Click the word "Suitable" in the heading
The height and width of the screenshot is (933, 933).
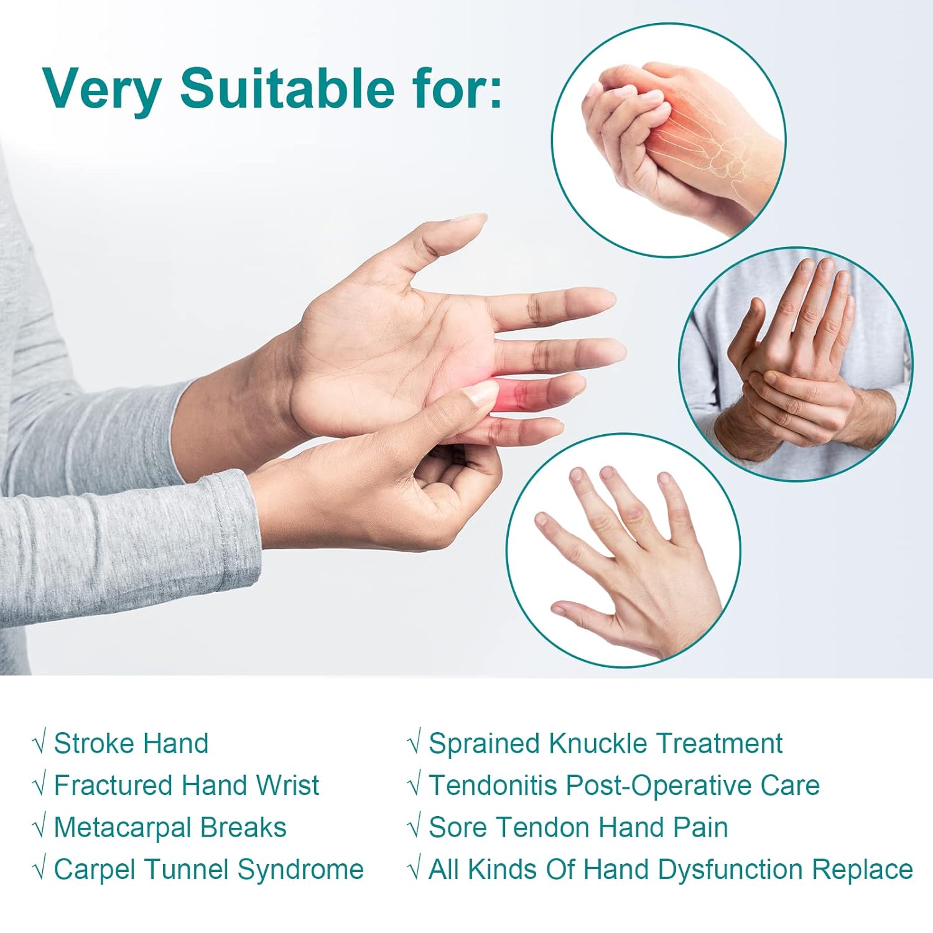click(287, 89)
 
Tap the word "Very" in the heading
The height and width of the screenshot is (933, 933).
click(103, 89)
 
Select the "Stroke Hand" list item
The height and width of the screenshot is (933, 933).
click(131, 743)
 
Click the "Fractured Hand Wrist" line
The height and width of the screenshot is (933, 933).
click(186, 785)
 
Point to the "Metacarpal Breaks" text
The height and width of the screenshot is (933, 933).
click(170, 827)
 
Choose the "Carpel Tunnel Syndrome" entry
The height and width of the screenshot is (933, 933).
click(208, 870)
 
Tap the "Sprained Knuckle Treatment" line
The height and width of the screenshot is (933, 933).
click(605, 743)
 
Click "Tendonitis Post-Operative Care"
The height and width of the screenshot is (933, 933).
click(624, 785)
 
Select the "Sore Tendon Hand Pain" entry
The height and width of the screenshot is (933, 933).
click(578, 827)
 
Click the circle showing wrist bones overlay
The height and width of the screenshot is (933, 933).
click(669, 140)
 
